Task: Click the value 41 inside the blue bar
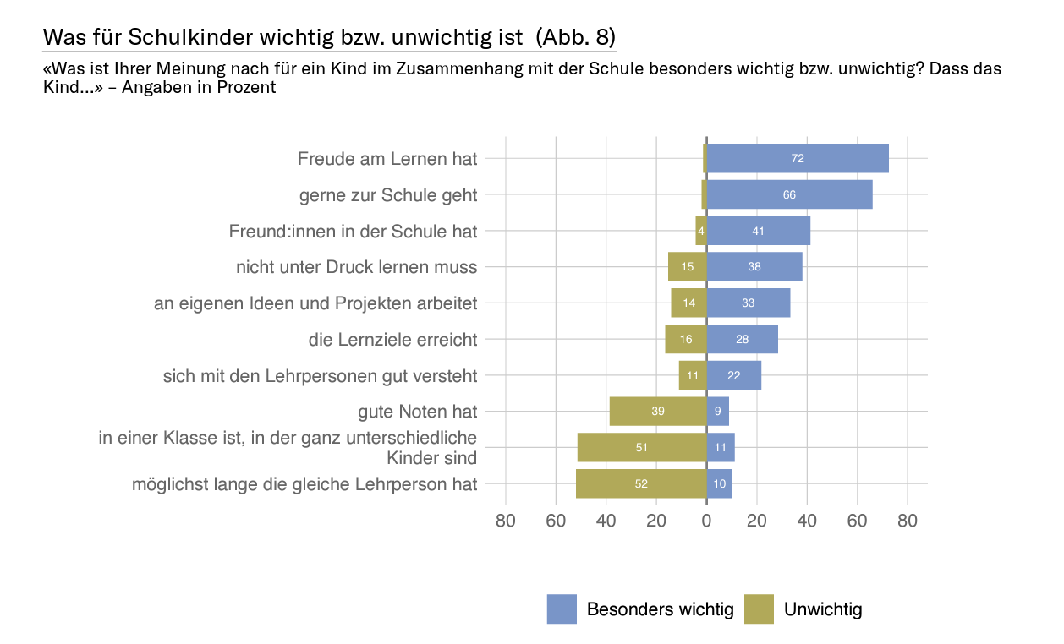758,231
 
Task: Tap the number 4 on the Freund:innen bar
701,231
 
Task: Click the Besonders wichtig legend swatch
562,609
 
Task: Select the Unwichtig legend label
823,609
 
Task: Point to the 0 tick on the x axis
706,521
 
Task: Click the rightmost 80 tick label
907,521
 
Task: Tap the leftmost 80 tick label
506,521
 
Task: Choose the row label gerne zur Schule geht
388,195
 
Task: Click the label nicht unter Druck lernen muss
357,267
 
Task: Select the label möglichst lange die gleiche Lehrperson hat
304,484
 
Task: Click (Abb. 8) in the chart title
575,37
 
